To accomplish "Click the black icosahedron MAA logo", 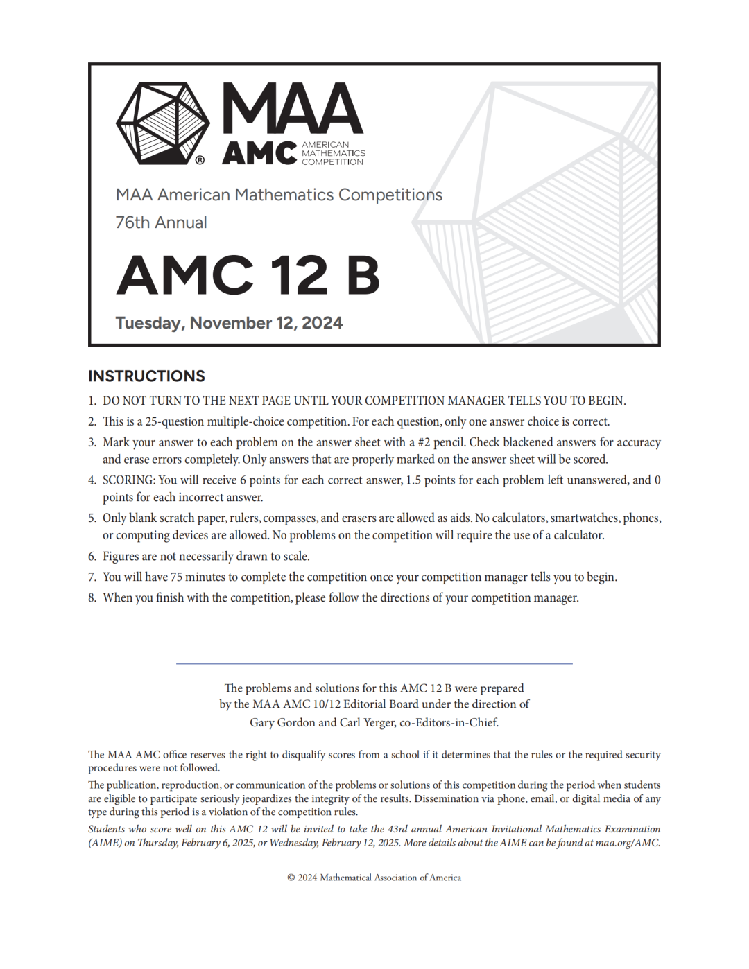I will (x=162, y=123).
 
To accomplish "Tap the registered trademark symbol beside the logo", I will (x=200, y=160).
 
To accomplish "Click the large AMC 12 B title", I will (x=248, y=275).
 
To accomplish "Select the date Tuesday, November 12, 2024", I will (x=229, y=323).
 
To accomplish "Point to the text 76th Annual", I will (x=161, y=222).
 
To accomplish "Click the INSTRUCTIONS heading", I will (x=146, y=376).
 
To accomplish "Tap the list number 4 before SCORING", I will (x=92, y=480).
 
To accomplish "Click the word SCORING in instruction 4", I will (x=128, y=480).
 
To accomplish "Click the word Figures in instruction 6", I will (x=121, y=557).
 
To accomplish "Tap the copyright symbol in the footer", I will (x=291, y=878).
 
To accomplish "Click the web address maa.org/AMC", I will (x=628, y=843).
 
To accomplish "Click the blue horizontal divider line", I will (x=374, y=664).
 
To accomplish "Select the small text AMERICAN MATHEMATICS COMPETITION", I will (x=333, y=153).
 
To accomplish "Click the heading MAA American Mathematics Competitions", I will (x=279, y=195).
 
